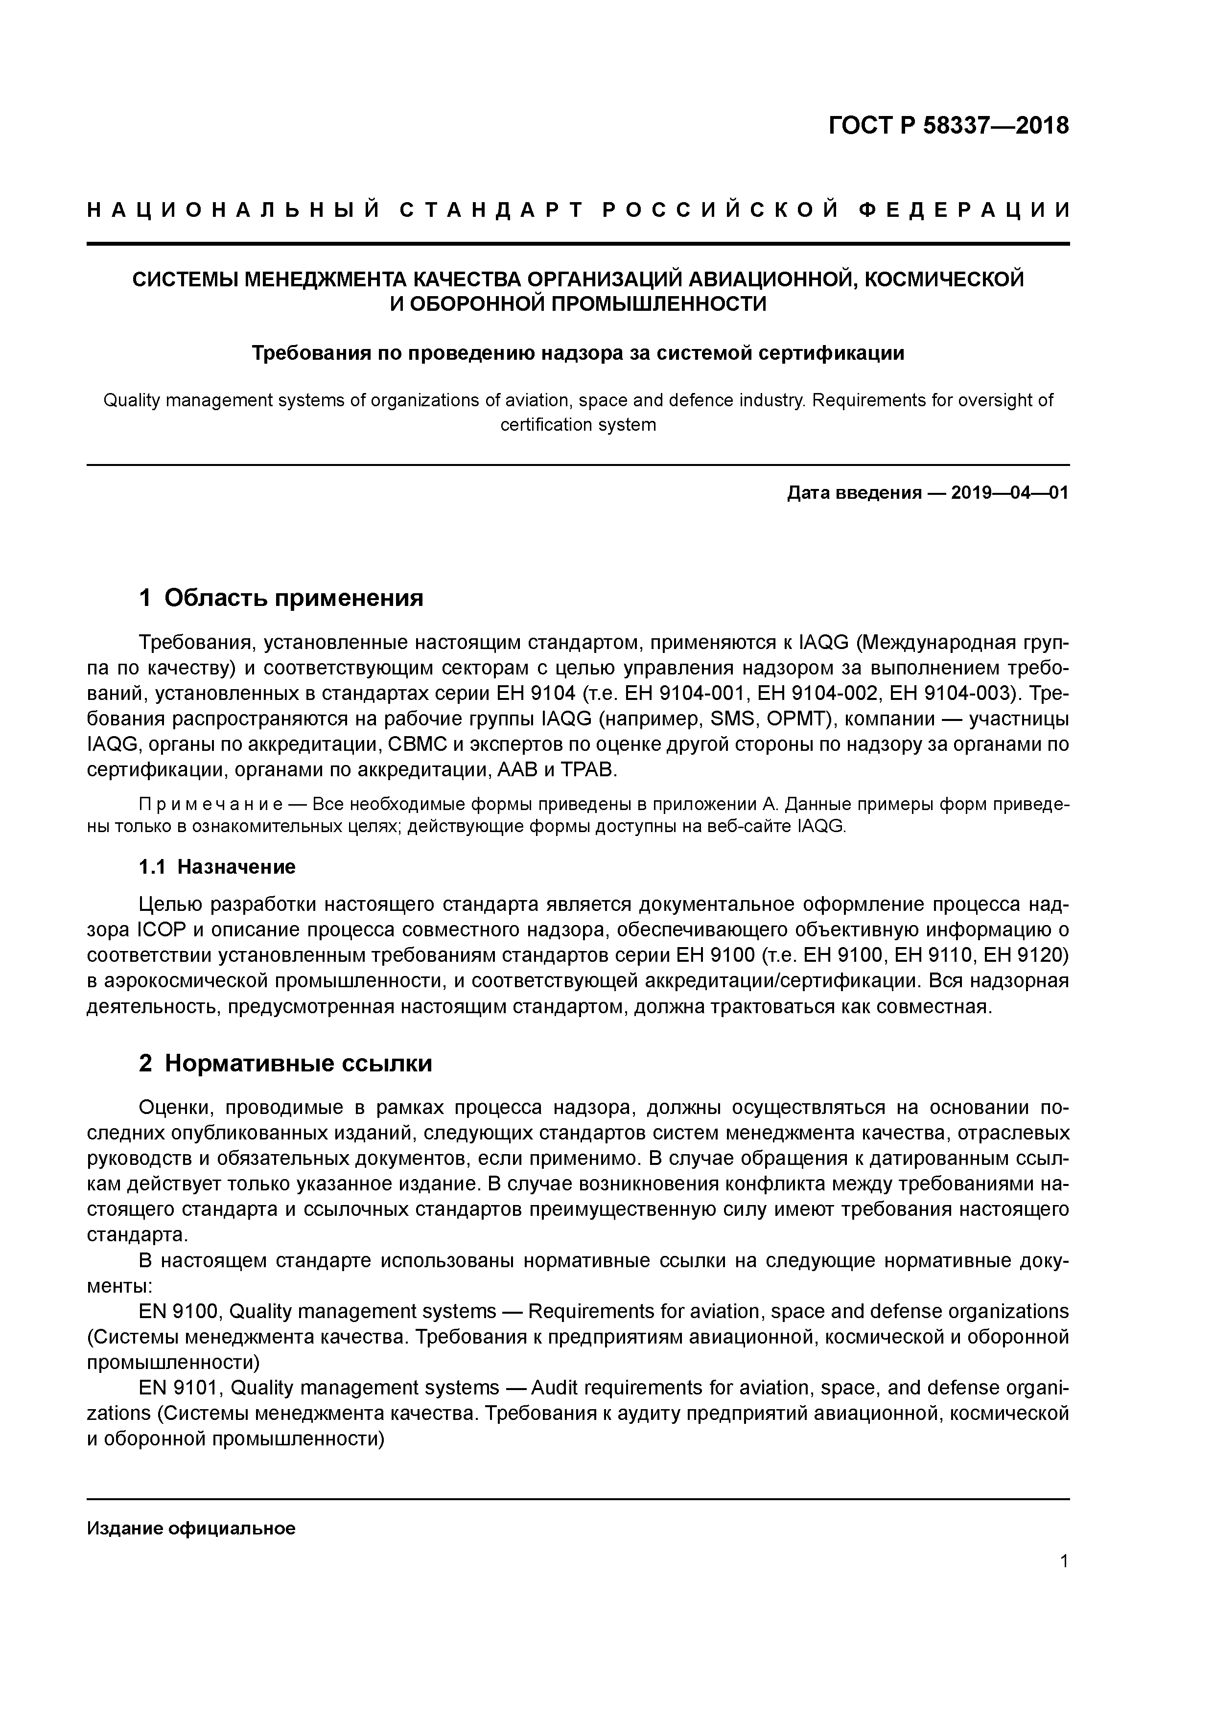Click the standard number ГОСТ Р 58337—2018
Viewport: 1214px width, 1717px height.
coord(949,126)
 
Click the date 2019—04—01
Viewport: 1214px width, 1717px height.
coord(1010,493)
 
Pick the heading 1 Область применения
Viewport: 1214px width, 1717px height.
coord(281,598)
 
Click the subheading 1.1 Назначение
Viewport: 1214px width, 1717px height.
coord(217,867)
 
